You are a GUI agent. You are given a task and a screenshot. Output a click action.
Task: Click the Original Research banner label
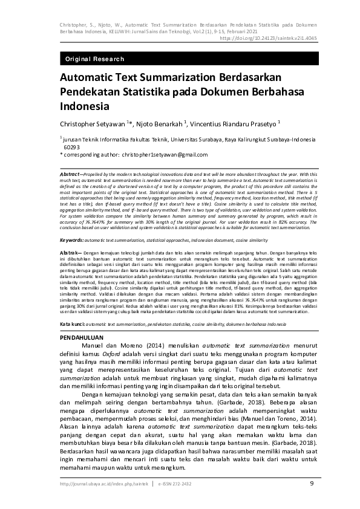click(x=94, y=59)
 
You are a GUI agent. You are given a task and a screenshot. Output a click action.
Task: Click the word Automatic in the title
click(x=87, y=79)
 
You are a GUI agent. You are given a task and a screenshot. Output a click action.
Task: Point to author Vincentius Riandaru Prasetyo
click(x=232, y=123)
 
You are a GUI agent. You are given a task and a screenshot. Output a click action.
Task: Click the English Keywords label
click(x=71, y=240)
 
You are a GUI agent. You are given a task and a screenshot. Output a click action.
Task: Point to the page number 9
click(x=312, y=484)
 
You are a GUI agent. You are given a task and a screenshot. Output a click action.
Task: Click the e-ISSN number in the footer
click(x=177, y=484)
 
